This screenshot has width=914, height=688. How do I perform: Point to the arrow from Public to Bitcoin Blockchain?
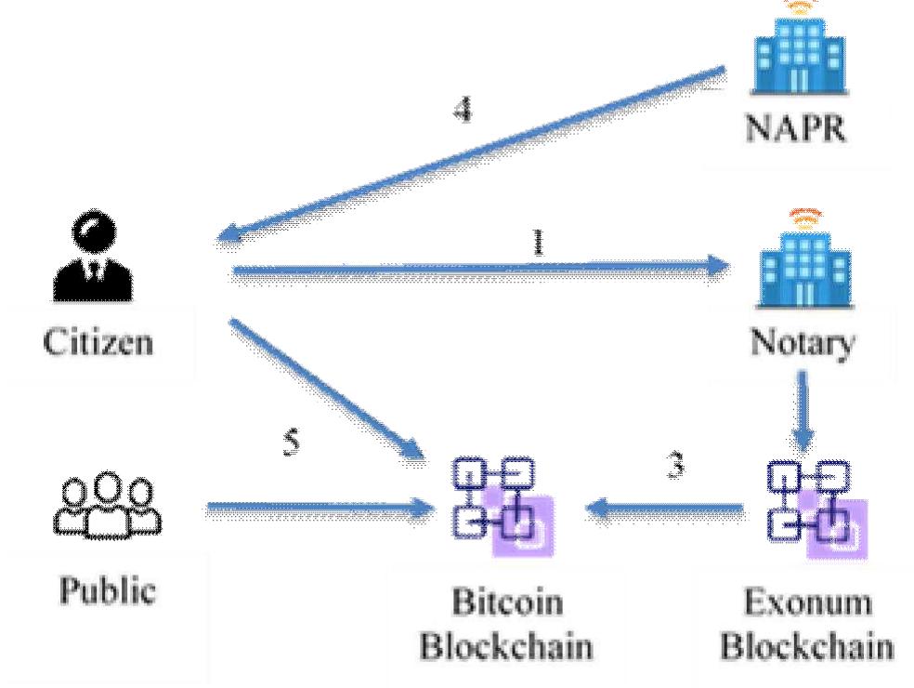point(316,508)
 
